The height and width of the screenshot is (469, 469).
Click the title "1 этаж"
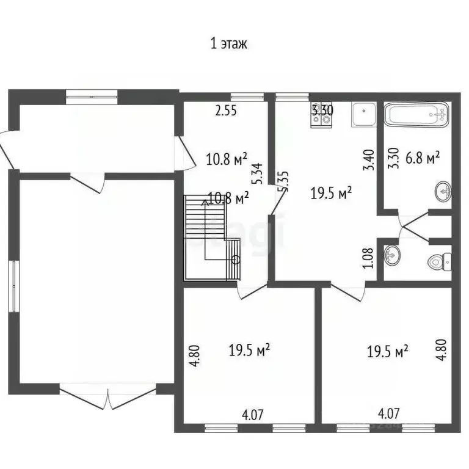[x=228, y=44]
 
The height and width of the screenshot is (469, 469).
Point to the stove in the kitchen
[x=321, y=116]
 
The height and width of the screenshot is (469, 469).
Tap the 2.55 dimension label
[x=225, y=111]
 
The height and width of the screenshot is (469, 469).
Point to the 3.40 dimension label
[x=368, y=160]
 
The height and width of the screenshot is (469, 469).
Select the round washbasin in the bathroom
[x=444, y=192]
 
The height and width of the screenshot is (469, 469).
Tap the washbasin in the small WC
[x=392, y=255]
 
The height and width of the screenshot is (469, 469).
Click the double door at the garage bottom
[x=108, y=396]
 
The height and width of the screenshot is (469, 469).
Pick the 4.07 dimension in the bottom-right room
[x=389, y=414]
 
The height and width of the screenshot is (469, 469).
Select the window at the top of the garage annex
[x=92, y=95]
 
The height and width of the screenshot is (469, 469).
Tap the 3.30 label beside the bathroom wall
[x=394, y=159]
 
